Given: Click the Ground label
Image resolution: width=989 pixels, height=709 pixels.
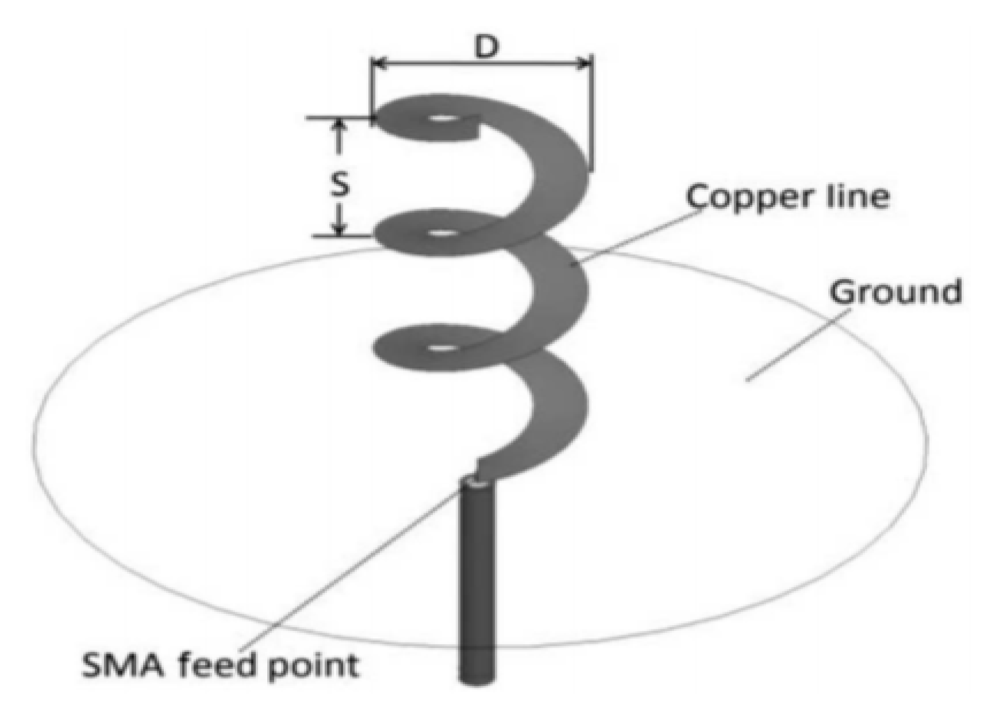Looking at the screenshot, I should (x=894, y=292).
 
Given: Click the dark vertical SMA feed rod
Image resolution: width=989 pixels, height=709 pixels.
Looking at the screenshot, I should (x=477, y=588).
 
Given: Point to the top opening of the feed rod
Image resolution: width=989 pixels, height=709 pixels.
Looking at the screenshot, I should (x=477, y=483).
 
